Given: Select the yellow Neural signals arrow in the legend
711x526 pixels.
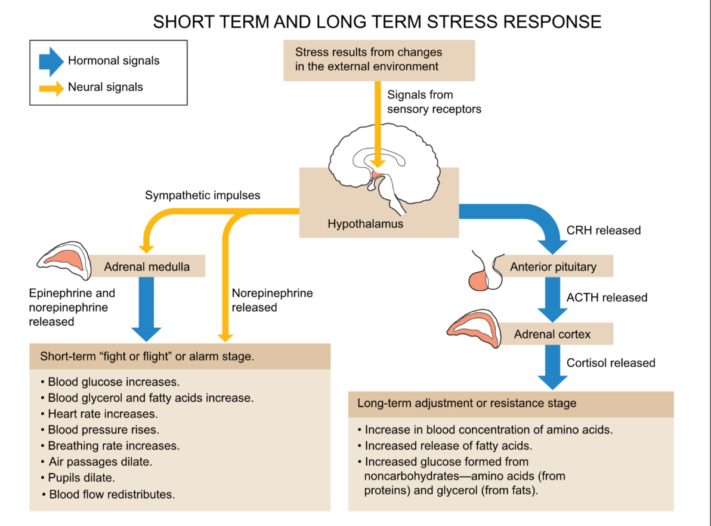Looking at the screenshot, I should click(51, 87).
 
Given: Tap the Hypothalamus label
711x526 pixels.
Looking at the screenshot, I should click(365, 224).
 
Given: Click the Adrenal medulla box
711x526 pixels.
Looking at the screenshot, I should click(147, 266).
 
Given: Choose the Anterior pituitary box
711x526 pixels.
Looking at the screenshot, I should click(553, 266).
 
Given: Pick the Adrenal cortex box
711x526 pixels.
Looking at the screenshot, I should click(552, 334).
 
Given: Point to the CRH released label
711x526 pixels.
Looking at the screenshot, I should click(603, 230).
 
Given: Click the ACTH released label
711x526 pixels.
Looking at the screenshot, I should click(607, 297).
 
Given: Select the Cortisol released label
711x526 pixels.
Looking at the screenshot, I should click(611, 362).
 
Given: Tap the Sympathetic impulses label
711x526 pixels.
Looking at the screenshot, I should click(202, 195).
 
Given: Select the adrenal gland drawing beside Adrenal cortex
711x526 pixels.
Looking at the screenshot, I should click(474, 326).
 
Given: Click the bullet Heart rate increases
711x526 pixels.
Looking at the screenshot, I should click(103, 414).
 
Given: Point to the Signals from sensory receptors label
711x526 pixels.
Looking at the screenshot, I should click(434, 102).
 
